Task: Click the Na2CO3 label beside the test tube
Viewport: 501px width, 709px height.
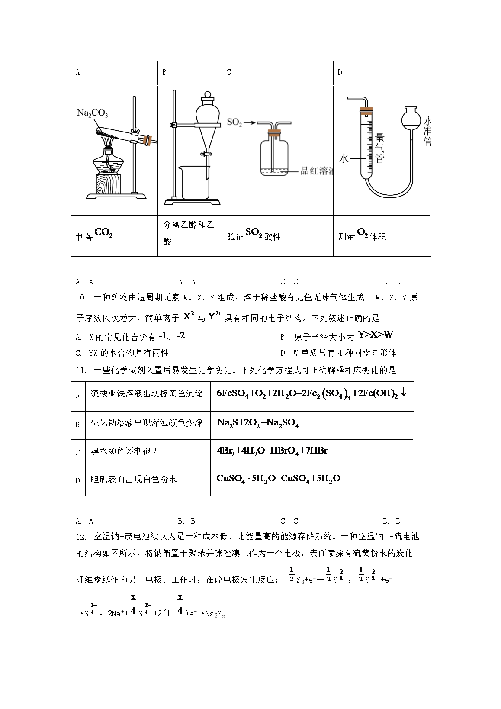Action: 92,113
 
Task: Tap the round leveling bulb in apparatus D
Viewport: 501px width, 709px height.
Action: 411,117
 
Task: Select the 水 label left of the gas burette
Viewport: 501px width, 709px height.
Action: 344,159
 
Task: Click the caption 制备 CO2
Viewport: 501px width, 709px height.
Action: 94,235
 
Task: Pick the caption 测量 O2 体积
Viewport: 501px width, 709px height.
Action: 362,235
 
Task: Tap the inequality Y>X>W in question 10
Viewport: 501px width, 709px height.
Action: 376,335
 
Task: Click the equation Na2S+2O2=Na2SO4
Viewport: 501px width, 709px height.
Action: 258,423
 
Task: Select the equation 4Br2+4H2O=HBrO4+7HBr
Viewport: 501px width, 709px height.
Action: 272,451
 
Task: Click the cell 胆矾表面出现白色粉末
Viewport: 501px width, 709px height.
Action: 134,480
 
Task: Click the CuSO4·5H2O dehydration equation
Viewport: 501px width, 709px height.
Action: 278,479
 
